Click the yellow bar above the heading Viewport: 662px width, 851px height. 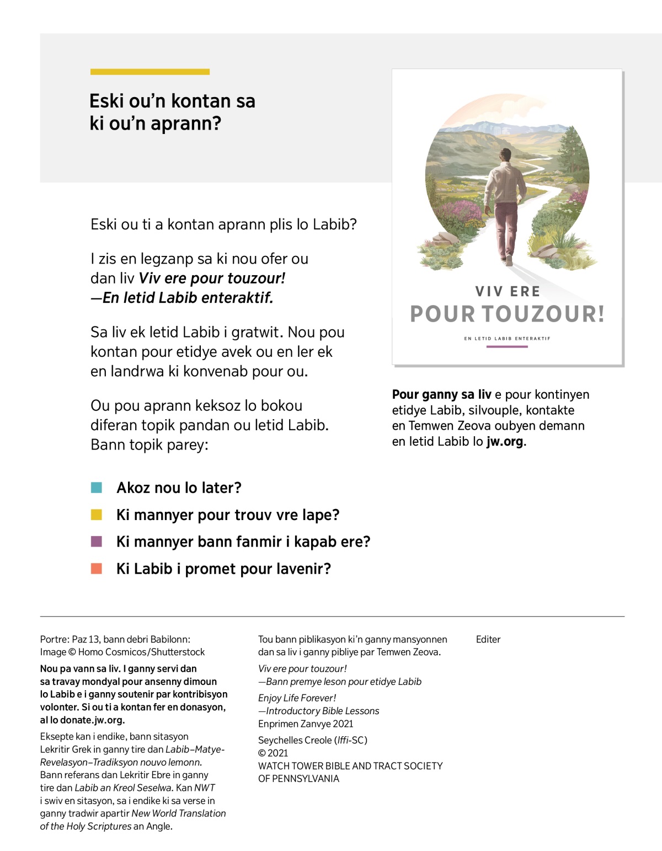point(150,72)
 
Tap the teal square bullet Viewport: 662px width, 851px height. point(97,488)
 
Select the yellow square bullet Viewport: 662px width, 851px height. point(97,515)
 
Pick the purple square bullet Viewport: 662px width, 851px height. point(97,542)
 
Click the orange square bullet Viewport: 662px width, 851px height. point(97,569)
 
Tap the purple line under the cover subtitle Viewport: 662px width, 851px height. point(507,347)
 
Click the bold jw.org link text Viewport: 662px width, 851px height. point(505,441)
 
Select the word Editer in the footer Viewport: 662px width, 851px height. point(488,639)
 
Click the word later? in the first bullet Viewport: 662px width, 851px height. point(220,488)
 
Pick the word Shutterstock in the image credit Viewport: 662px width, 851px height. point(178,652)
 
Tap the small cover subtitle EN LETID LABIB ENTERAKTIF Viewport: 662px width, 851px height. point(507,338)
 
